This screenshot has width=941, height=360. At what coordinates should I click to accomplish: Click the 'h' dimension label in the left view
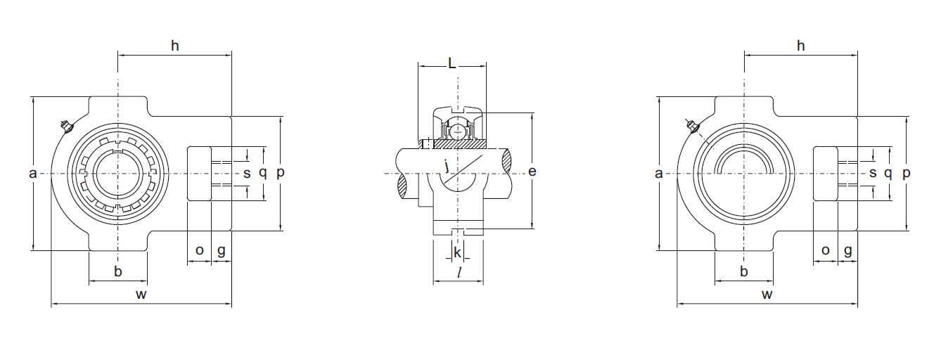[x=174, y=46]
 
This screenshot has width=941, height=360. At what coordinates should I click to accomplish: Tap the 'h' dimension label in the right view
[x=800, y=46]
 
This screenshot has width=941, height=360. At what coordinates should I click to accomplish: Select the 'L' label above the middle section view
[x=452, y=63]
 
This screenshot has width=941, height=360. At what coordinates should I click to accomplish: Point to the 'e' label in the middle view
[x=532, y=172]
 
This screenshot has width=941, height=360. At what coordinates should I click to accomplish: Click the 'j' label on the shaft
[x=447, y=165]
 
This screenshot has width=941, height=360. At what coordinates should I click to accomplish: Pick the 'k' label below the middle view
[x=457, y=252]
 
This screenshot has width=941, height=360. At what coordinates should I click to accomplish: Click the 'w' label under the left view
[x=141, y=294]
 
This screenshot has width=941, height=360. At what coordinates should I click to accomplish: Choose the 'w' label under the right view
[x=767, y=294]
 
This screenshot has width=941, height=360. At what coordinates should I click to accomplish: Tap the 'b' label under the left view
[x=118, y=271]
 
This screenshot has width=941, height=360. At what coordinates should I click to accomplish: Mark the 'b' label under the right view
[x=744, y=271]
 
